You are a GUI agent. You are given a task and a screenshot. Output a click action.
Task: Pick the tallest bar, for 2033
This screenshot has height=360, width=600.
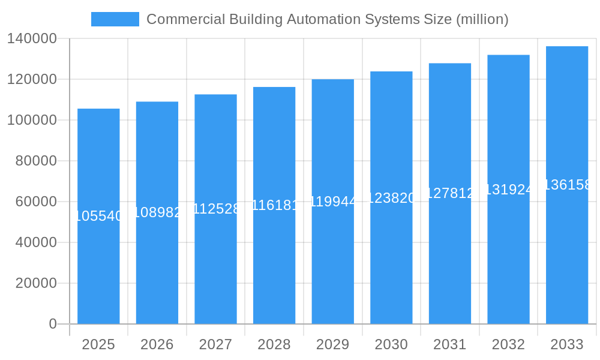pos(567,252)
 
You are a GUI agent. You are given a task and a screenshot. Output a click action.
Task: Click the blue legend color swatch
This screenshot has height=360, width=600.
pos(115,19)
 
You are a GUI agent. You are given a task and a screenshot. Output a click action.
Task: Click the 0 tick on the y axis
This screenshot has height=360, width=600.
pos(53,325)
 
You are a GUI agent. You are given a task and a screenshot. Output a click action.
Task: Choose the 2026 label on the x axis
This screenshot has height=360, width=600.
pos(157,345)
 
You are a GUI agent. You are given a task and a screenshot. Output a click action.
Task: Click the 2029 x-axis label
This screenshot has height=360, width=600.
pos(333,345)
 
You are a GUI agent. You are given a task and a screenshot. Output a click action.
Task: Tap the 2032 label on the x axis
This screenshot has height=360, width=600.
pos(508,345)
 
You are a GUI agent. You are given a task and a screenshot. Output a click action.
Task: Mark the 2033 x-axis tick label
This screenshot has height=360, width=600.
pos(567,345)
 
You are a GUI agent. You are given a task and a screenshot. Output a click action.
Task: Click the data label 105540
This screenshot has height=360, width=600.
pos(98,216)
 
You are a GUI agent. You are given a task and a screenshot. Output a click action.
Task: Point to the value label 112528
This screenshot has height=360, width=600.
pos(216,209)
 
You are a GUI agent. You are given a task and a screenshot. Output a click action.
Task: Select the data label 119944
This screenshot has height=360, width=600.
pos(333,202)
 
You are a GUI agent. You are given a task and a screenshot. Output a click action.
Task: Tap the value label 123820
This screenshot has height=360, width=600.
pos(391,198)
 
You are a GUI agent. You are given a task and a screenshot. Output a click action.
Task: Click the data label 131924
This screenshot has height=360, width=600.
pos(508,190)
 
